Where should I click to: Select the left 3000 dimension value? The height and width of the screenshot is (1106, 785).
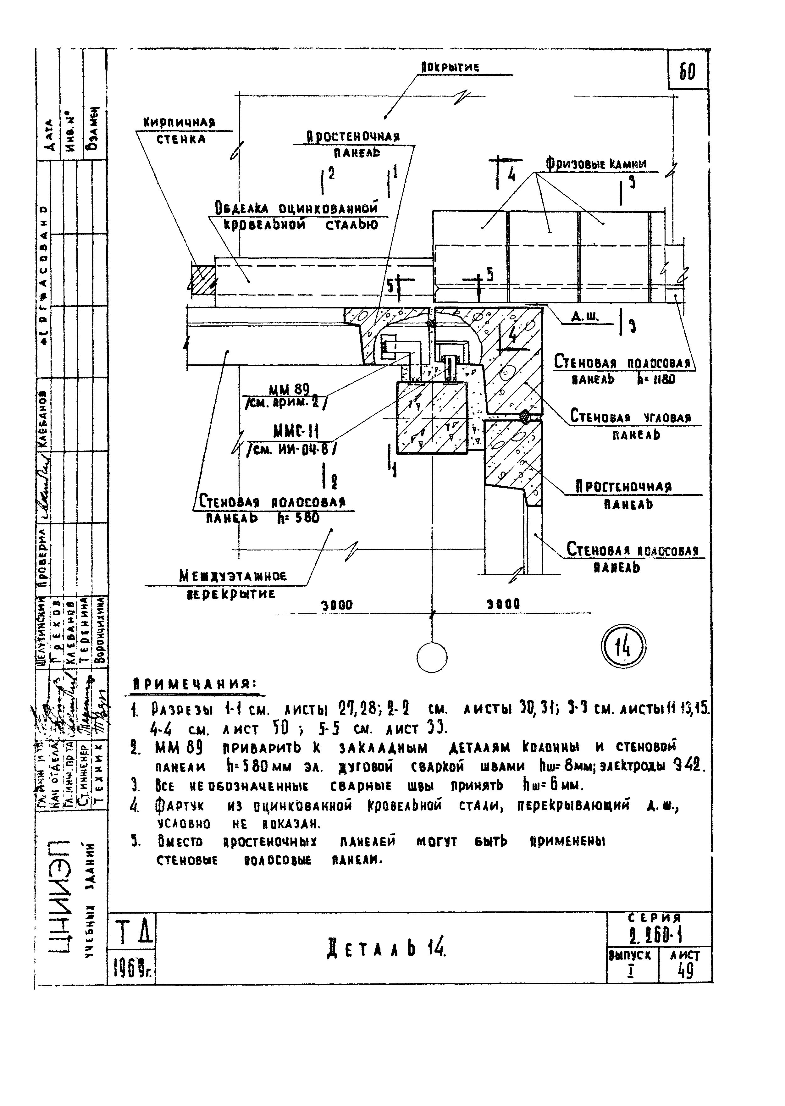click(337, 605)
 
